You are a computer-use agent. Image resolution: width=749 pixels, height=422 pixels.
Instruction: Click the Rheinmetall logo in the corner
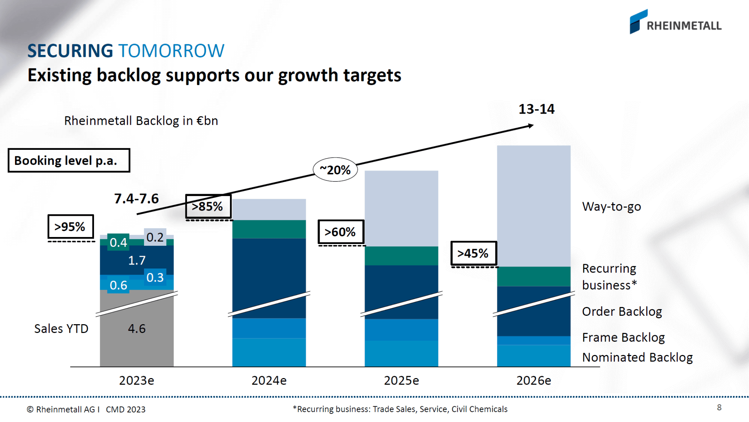[675, 22]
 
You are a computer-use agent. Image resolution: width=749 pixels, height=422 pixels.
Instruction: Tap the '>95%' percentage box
[71, 227]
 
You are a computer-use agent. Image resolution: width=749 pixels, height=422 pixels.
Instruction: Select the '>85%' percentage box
[208, 207]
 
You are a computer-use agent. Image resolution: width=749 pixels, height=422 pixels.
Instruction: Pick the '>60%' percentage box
[340, 232]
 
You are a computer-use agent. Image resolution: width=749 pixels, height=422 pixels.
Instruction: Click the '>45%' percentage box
[473, 253]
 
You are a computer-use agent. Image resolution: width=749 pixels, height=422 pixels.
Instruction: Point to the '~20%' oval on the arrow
[335, 170]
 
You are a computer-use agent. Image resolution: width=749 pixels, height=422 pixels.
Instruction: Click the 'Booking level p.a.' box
[69, 160]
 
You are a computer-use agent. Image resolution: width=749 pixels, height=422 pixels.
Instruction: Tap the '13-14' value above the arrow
[536, 109]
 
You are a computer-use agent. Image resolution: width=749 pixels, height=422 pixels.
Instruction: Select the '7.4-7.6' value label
[136, 199]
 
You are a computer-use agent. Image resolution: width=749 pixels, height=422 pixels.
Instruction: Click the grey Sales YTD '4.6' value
[136, 329]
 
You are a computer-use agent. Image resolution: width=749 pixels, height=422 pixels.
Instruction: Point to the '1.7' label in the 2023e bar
[137, 260]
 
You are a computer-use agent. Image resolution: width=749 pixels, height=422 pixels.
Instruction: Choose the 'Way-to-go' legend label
[611, 207]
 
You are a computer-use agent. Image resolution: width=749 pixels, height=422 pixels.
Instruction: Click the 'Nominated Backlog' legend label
[637, 357]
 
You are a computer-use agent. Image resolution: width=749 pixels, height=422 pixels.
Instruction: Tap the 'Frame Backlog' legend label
[623, 337]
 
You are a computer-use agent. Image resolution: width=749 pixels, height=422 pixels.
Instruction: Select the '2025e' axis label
[401, 381]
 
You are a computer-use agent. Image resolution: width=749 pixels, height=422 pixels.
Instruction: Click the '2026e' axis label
[534, 381]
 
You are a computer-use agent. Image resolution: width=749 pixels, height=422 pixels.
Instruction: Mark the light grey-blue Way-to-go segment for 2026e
[534, 205]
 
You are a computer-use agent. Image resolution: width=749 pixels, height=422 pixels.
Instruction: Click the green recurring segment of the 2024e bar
[269, 229]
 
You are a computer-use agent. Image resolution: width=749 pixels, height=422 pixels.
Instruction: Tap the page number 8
[719, 407]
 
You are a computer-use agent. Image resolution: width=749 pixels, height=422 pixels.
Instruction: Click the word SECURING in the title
[70, 51]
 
